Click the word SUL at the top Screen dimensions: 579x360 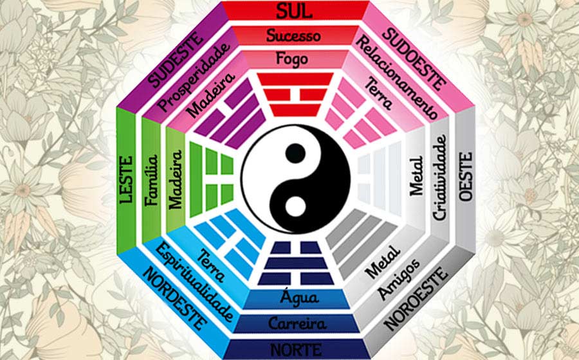pyautogui.click(x=294, y=11)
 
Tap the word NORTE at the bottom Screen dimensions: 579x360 pyautogui.click(x=296, y=350)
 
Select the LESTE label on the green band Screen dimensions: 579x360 pyautogui.click(x=126, y=179)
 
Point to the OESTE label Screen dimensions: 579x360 pyautogui.click(x=465, y=176)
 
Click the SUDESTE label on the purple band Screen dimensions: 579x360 pyautogui.click(x=176, y=60)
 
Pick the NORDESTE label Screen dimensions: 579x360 pyautogui.click(x=174, y=298)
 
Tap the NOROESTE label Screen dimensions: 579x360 pyautogui.click(x=416, y=298)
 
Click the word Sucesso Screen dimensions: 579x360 pyautogui.click(x=293, y=36)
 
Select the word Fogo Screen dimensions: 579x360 pyautogui.click(x=291, y=59)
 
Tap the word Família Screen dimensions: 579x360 pyautogui.click(x=151, y=180)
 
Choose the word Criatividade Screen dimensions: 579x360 pyautogui.click(x=439, y=177)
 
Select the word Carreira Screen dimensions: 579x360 pyautogui.click(x=297, y=323)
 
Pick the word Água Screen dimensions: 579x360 pyautogui.click(x=299, y=297)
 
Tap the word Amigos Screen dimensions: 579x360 pyautogui.click(x=398, y=279)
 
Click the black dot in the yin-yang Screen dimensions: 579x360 pyautogui.click(x=295, y=153)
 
